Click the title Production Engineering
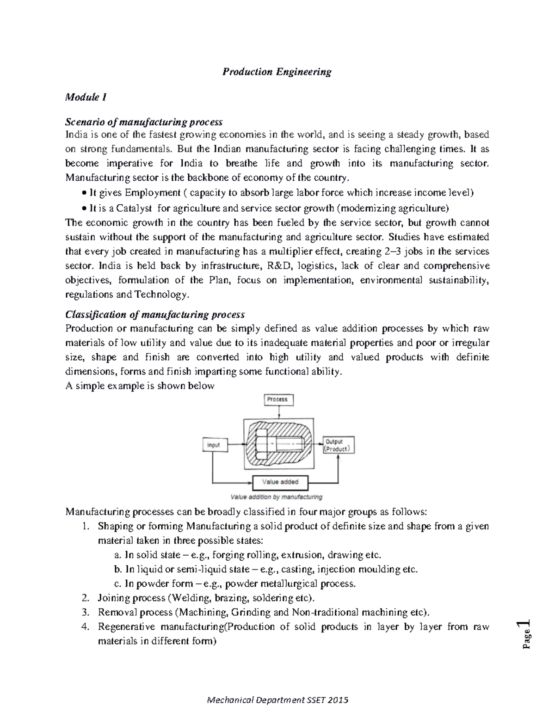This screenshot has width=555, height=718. [277, 72]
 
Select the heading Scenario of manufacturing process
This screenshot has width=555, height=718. [144, 122]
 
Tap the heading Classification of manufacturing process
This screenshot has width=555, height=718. [155, 314]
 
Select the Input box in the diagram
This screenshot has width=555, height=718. [214, 445]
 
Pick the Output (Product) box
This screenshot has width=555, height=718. [338, 445]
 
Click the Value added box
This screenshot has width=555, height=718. [280, 482]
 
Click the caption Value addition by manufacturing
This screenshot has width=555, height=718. [277, 497]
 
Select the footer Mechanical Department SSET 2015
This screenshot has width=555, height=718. [277, 700]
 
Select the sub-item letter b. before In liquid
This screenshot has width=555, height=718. [117, 570]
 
